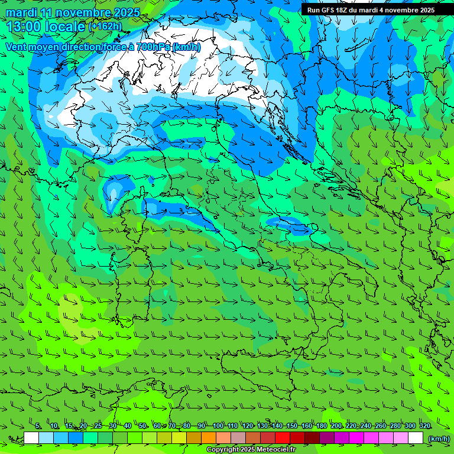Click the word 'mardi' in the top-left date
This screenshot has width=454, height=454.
tap(21, 12)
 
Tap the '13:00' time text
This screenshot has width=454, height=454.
tap(23, 27)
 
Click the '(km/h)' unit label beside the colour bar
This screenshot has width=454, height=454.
tap(439, 439)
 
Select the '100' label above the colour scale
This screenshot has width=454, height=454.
tap(218, 426)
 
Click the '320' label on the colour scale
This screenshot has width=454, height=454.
tap(425, 426)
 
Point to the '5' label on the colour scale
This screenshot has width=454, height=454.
tap(38, 426)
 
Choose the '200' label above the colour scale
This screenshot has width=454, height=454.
tap(336, 426)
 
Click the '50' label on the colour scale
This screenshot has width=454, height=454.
tap(142, 426)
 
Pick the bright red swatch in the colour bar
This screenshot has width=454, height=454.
tap(283, 438)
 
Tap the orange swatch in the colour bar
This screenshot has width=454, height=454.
tap(209, 438)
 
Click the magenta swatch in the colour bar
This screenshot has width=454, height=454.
tap(356, 438)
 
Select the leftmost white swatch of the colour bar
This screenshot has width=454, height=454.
tap(31, 438)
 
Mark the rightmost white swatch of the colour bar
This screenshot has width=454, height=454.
tap(416, 438)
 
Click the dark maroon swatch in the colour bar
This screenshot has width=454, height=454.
tap(312, 438)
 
